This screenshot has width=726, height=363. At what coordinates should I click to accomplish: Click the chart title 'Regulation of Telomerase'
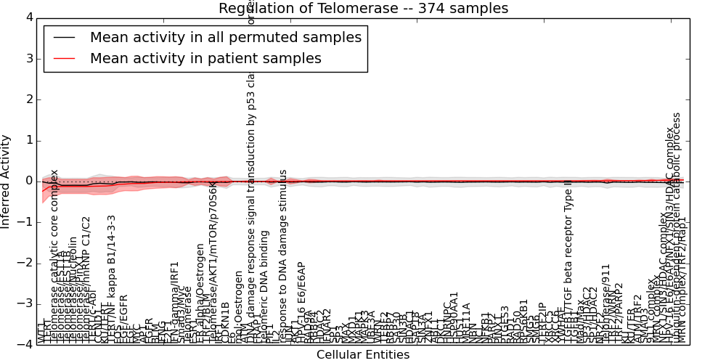363,8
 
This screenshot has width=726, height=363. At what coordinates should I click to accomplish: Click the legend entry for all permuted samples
225,37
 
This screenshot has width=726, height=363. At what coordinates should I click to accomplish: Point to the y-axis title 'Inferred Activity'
7,181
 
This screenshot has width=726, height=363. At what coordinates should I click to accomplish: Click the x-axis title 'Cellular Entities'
363,354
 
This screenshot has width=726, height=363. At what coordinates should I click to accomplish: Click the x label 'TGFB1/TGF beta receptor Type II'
569,261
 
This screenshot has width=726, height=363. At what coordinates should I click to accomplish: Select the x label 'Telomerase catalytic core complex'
54,254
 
